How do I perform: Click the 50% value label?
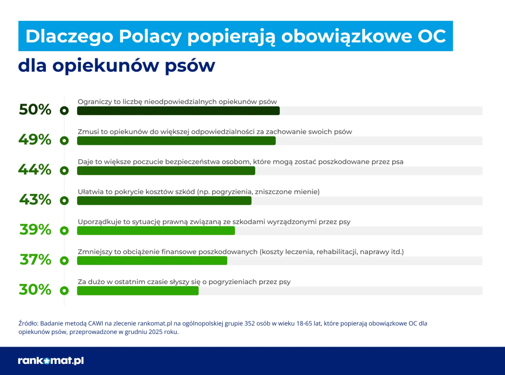click(x=35, y=110)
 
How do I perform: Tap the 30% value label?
click(x=35, y=290)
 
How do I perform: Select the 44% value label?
click(x=35, y=169)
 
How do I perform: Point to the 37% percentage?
click(x=35, y=260)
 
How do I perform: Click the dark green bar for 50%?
click(x=178, y=111)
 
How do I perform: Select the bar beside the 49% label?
click(x=176, y=141)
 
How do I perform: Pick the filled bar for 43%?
click(x=164, y=200)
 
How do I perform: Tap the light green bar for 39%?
click(x=156, y=230)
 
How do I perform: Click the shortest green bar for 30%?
click(x=137, y=291)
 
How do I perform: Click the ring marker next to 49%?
click(x=64, y=141)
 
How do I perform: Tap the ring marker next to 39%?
click(x=64, y=230)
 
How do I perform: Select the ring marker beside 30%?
click(x=64, y=291)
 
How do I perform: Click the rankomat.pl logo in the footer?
click(x=51, y=361)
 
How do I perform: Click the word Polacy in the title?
click(x=150, y=36)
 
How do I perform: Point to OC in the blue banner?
click(x=431, y=36)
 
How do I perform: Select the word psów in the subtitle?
click(x=190, y=66)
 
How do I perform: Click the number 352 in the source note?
click(x=250, y=323)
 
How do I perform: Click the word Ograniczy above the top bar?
click(x=95, y=102)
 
